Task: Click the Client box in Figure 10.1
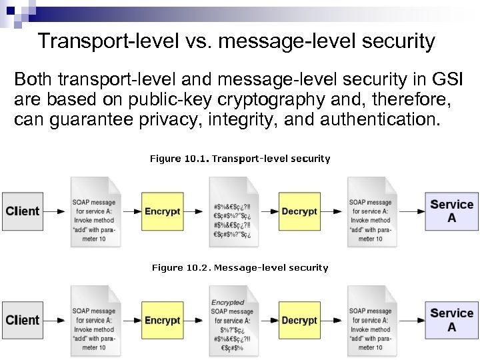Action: point(22,211)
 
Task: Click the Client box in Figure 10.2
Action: point(22,320)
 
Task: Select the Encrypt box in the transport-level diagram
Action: point(162,211)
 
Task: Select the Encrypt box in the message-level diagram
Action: point(162,320)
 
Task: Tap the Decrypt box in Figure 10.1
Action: point(299,211)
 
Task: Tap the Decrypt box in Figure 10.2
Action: point(299,320)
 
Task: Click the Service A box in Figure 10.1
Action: point(452,211)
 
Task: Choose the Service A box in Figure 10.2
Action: point(452,319)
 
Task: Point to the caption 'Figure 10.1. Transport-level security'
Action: point(240,159)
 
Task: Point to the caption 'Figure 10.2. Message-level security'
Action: point(240,267)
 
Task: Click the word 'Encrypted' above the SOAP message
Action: point(228,303)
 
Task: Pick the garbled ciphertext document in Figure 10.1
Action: point(231,211)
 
